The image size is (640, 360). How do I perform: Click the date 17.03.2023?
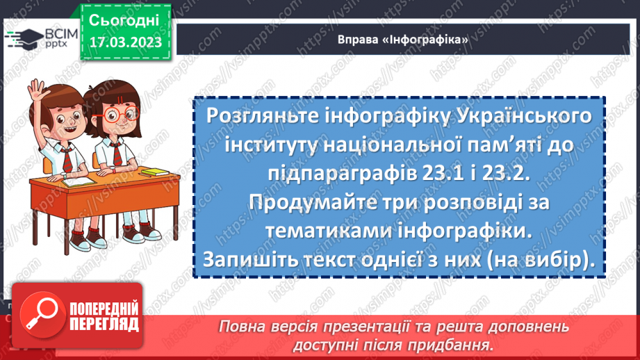125,42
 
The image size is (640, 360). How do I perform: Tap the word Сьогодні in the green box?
125,19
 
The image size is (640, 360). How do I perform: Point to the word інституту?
267,146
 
